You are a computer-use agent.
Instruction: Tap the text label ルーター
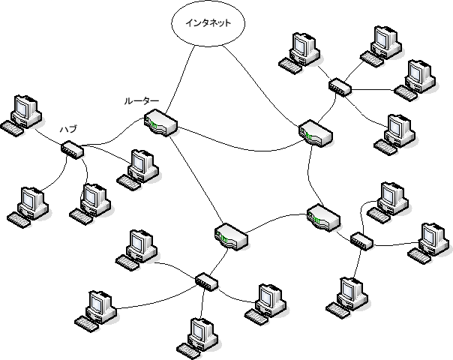[142, 100]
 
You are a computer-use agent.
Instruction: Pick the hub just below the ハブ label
[73, 150]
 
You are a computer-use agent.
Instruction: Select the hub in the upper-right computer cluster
[339, 87]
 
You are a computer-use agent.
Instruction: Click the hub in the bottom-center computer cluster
[205, 281]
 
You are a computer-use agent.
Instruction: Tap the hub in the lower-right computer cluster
[361, 241]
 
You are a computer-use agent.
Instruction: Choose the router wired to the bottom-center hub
[231, 236]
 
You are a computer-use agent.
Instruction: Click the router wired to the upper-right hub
[316, 133]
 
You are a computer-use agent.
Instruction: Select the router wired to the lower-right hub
[322, 217]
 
